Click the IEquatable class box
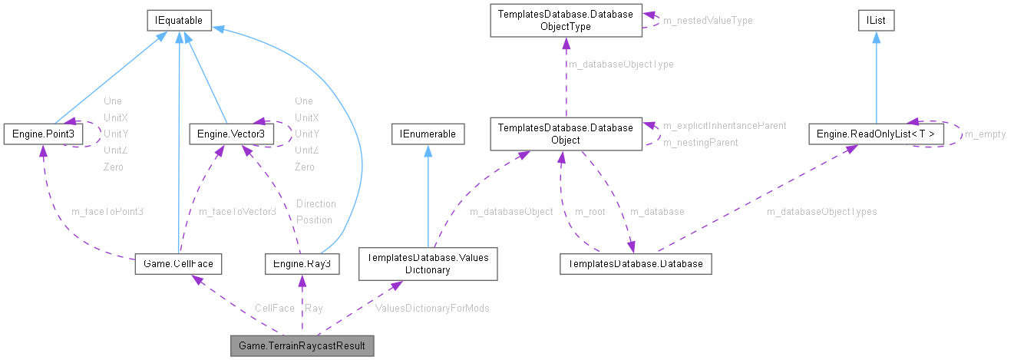click(x=178, y=21)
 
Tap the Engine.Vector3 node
click(x=221, y=134)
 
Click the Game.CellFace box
click(x=177, y=264)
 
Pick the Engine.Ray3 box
click(x=302, y=264)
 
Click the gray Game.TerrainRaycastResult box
click(x=302, y=346)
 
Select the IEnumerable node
click(x=428, y=134)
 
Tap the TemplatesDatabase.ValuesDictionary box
click(x=428, y=264)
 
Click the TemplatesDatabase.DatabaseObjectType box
click(x=565, y=20)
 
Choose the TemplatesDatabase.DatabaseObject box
click(x=565, y=134)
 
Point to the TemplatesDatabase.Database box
click(x=636, y=264)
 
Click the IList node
click(x=875, y=21)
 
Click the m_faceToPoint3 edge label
click(x=107, y=211)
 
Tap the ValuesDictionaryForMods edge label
click(x=432, y=308)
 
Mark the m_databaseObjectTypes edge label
click(x=821, y=211)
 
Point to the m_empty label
click(x=985, y=134)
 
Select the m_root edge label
click(x=590, y=211)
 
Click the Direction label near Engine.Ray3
click(x=315, y=203)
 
